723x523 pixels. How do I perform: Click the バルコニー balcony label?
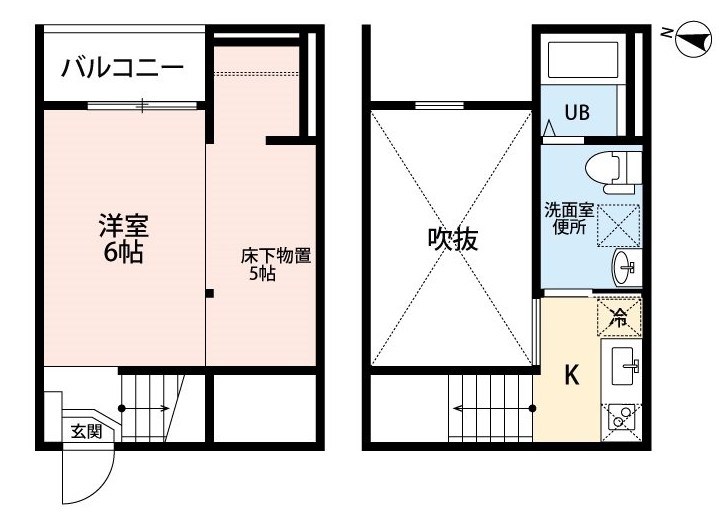click(x=123, y=68)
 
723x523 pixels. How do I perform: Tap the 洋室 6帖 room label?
click(x=123, y=238)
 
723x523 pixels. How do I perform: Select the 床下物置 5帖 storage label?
click(x=275, y=264)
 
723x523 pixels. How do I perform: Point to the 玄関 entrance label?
click(x=86, y=432)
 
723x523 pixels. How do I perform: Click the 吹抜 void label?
click(x=453, y=239)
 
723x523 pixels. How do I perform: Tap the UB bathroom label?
click(x=577, y=112)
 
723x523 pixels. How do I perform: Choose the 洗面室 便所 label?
click(x=569, y=219)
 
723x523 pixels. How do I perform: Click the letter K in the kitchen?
click(x=572, y=375)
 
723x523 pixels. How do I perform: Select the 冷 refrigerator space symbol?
click(x=619, y=317)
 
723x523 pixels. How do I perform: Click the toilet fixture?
click(x=613, y=172)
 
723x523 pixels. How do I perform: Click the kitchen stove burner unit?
click(x=621, y=421)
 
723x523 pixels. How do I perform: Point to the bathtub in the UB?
click(x=583, y=60)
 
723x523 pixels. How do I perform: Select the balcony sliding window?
click(x=142, y=105)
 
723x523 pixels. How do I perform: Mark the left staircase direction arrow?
click(x=145, y=408)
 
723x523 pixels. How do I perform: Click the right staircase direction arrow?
click(x=494, y=408)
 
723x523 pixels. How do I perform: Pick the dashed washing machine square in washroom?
click(x=618, y=226)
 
